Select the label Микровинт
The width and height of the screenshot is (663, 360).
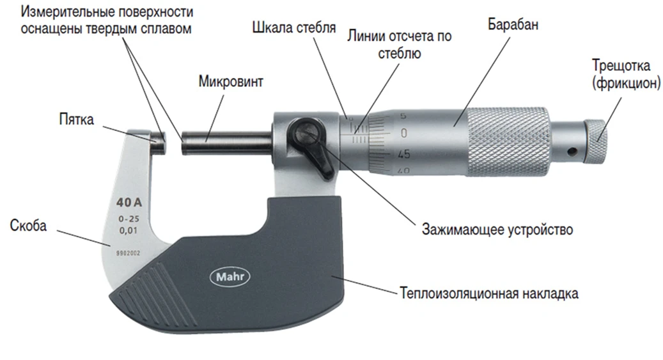[230, 82]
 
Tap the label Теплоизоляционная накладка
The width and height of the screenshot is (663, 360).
[489, 293]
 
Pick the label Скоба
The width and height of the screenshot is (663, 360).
[29, 226]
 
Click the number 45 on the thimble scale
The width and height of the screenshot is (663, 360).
[403, 154]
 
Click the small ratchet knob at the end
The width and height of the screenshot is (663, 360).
[598, 139]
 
